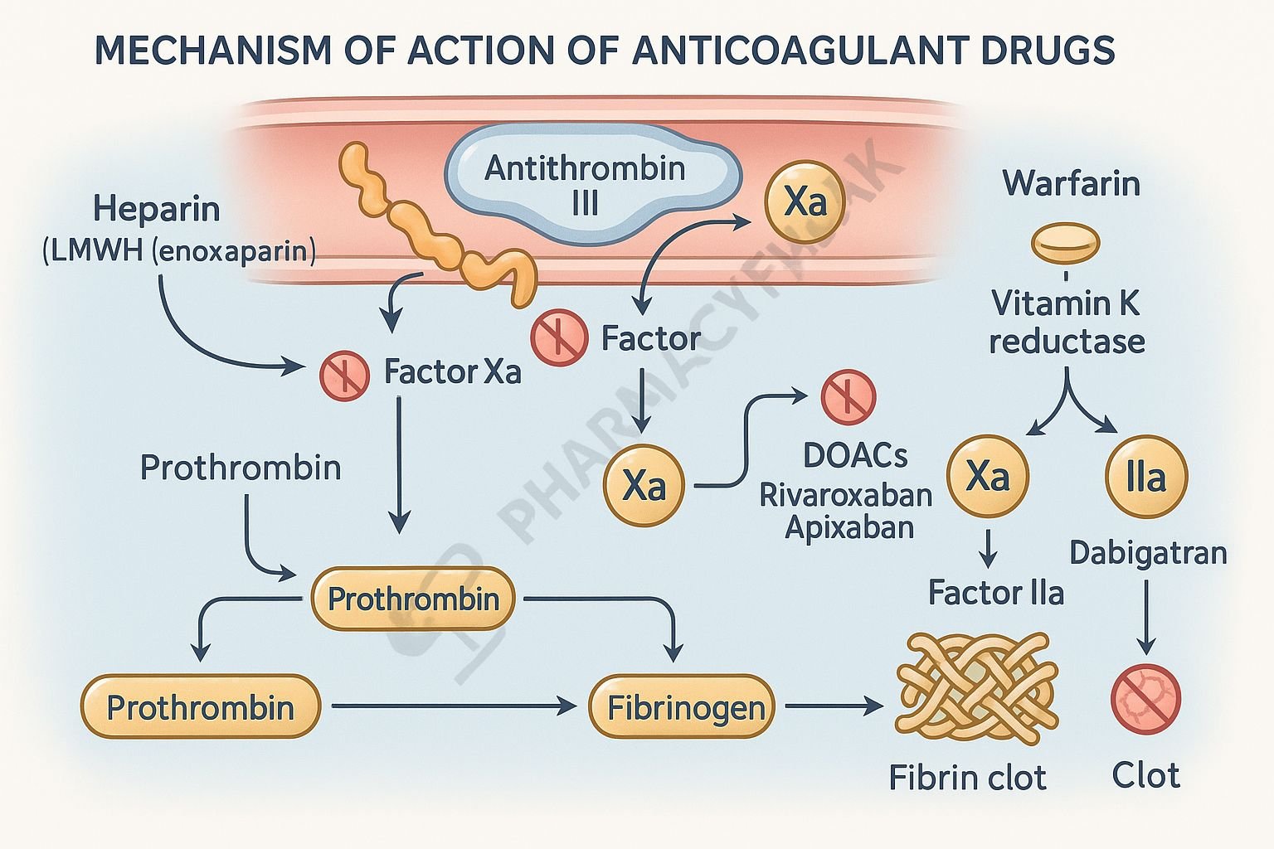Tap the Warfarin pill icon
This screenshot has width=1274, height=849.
[1065, 243]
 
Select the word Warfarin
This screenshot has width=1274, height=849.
[1071, 183]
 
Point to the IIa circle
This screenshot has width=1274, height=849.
[1146, 478]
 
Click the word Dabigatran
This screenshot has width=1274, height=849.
[1148, 552]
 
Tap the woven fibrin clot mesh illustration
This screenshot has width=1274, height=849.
[976, 684]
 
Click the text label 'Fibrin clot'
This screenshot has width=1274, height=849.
[967, 778]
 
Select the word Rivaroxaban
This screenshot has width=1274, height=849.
[846, 495]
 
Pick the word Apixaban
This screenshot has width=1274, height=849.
[849, 527]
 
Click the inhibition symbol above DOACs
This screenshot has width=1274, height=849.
[848, 397]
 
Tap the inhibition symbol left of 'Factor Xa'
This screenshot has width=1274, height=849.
[344, 376]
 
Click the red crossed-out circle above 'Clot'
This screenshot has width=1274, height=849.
[1145, 700]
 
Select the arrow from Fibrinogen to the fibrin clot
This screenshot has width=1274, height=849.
[834, 706]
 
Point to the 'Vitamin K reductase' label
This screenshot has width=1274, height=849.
[1067, 322]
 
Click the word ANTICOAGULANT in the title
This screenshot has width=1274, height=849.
[791, 51]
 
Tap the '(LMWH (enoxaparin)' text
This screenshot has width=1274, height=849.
[178, 250]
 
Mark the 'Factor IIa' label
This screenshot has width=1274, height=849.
[995, 593]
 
